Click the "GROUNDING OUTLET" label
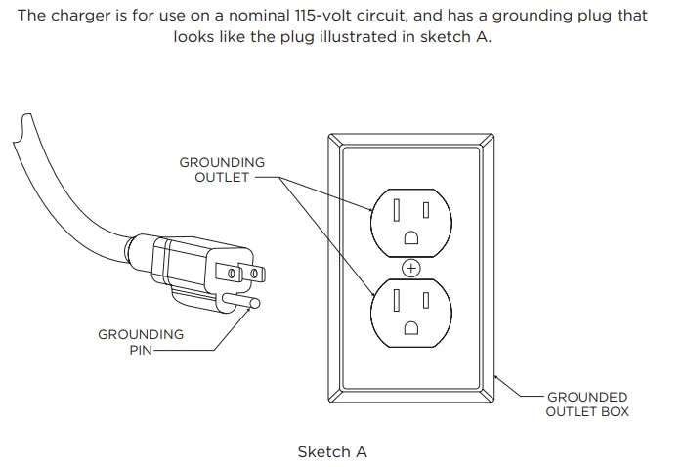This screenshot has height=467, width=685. [x=222, y=169]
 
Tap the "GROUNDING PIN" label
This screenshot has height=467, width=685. [x=141, y=342]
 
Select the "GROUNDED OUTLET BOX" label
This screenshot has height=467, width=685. [x=587, y=404]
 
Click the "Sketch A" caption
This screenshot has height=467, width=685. [x=332, y=452]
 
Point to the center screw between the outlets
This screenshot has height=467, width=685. [x=411, y=266]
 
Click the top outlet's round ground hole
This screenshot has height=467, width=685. [x=411, y=236]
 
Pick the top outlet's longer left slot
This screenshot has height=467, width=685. [x=398, y=209]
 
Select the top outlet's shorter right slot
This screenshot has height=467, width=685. [x=425, y=208]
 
